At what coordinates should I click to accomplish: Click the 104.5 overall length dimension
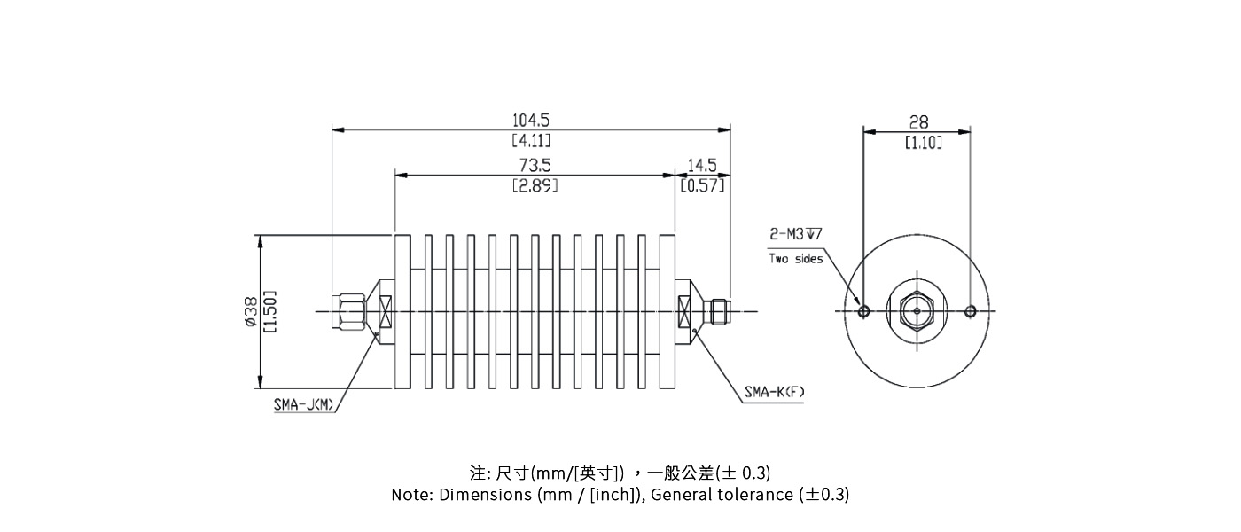(x=531, y=120)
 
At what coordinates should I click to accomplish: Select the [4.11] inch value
(x=531, y=141)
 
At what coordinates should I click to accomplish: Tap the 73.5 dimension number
(x=535, y=165)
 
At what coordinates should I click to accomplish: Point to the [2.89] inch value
(x=535, y=186)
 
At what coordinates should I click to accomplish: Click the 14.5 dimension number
(x=702, y=165)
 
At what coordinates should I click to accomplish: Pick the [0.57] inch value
(x=702, y=185)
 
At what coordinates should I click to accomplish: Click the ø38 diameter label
(x=251, y=311)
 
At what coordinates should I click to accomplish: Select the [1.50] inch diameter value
(x=270, y=311)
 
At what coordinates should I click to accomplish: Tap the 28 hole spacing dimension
(x=918, y=122)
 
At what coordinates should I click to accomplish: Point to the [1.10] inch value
(x=923, y=143)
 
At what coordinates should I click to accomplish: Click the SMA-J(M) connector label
(x=303, y=405)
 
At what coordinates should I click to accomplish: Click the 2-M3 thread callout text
(x=795, y=234)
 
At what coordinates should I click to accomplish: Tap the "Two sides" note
(x=795, y=259)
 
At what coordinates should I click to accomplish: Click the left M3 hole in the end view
(x=864, y=311)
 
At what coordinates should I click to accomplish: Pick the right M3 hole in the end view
(x=971, y=311)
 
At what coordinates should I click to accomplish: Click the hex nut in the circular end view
(x=917, y=311)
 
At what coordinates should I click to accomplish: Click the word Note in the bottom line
(x=411, y=495)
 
